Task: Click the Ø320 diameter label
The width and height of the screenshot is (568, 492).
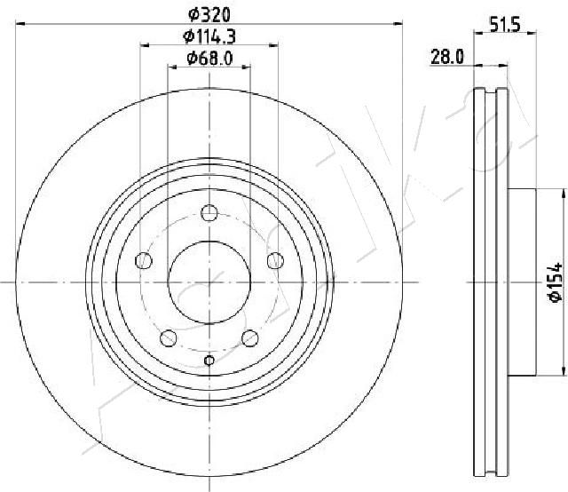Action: (x=209, y=15)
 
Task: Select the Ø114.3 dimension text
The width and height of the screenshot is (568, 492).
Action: (x=209, y=36)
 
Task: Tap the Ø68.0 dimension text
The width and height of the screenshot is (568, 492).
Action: (x=209, y=59)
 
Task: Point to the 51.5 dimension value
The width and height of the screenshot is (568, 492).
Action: (x=505, y=25)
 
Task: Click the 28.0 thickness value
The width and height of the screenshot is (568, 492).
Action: (x=447, y=57)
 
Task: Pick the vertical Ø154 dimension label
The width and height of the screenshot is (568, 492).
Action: (x=555, y=282)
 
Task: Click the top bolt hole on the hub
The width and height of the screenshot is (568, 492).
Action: (x=209, y=212)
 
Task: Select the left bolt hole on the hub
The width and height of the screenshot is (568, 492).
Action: (x=144, y=260)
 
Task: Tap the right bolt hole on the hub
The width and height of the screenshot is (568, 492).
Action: (x=275, y=260)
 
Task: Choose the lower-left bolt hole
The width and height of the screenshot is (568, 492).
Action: (x=169, y=338)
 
